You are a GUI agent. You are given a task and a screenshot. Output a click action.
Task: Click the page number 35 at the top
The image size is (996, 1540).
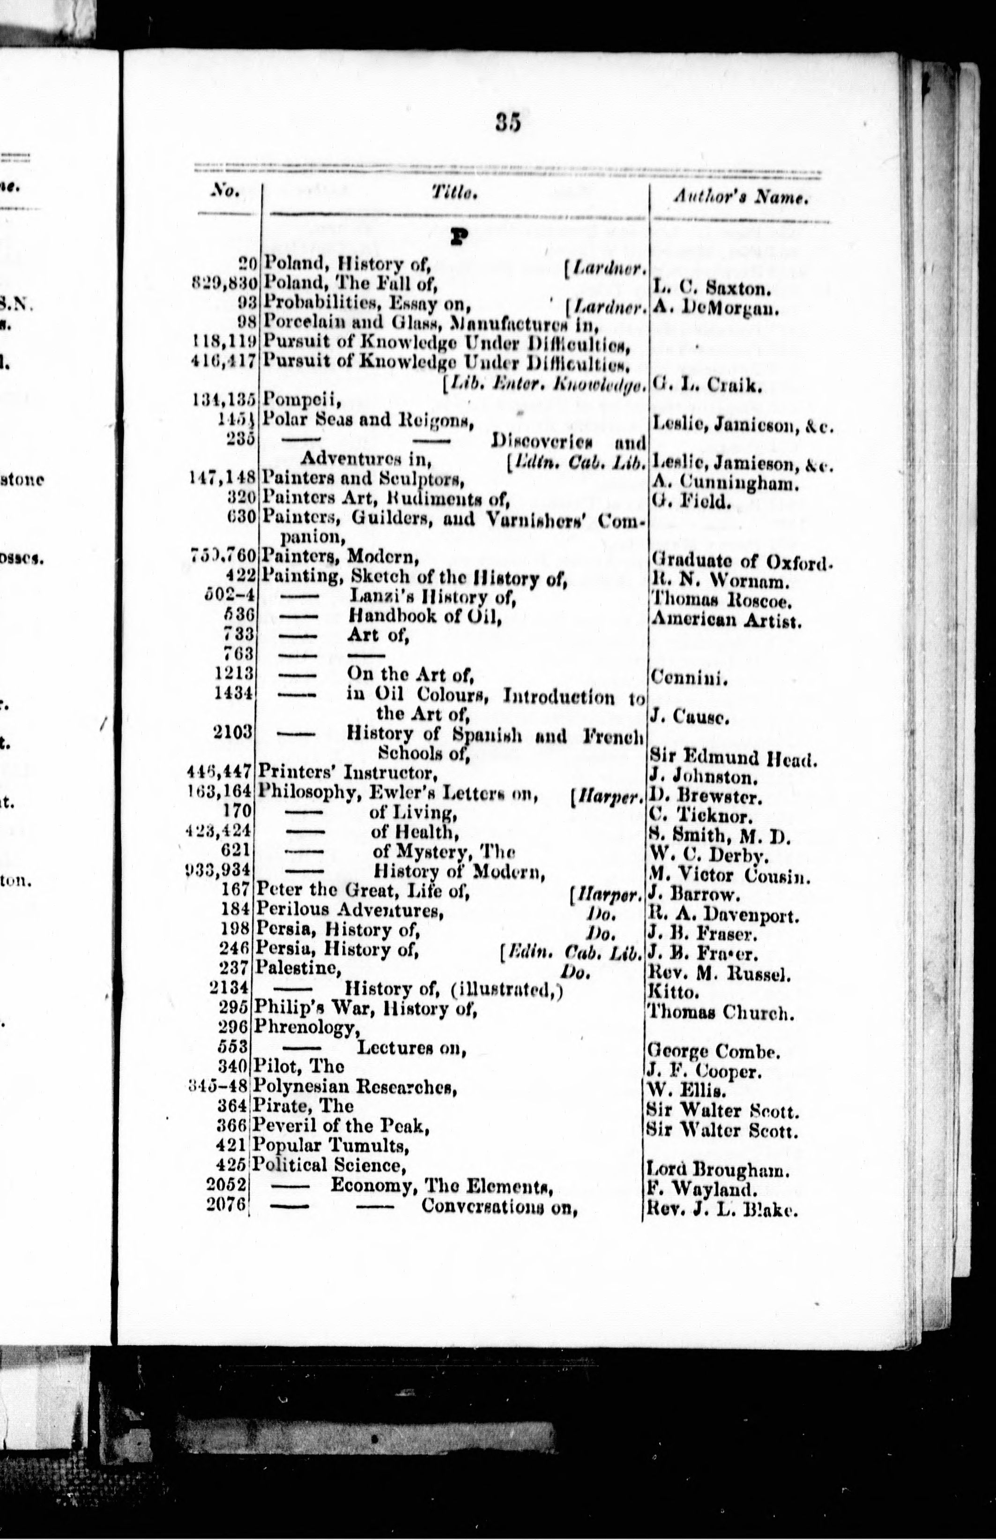(508, 122)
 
